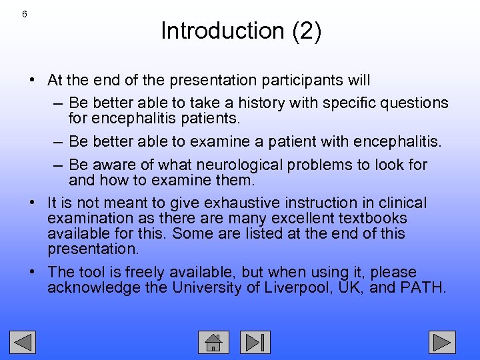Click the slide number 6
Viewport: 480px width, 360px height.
pos(25,15)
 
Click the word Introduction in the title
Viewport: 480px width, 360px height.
pos(213,31)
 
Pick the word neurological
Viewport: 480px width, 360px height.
pos(249,165)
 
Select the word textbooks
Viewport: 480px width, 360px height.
pos(374,218)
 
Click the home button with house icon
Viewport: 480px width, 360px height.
pos(213,342)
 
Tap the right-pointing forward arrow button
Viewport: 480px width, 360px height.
pos(442,342)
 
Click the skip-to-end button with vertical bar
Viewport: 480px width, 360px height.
pos(255,342)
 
